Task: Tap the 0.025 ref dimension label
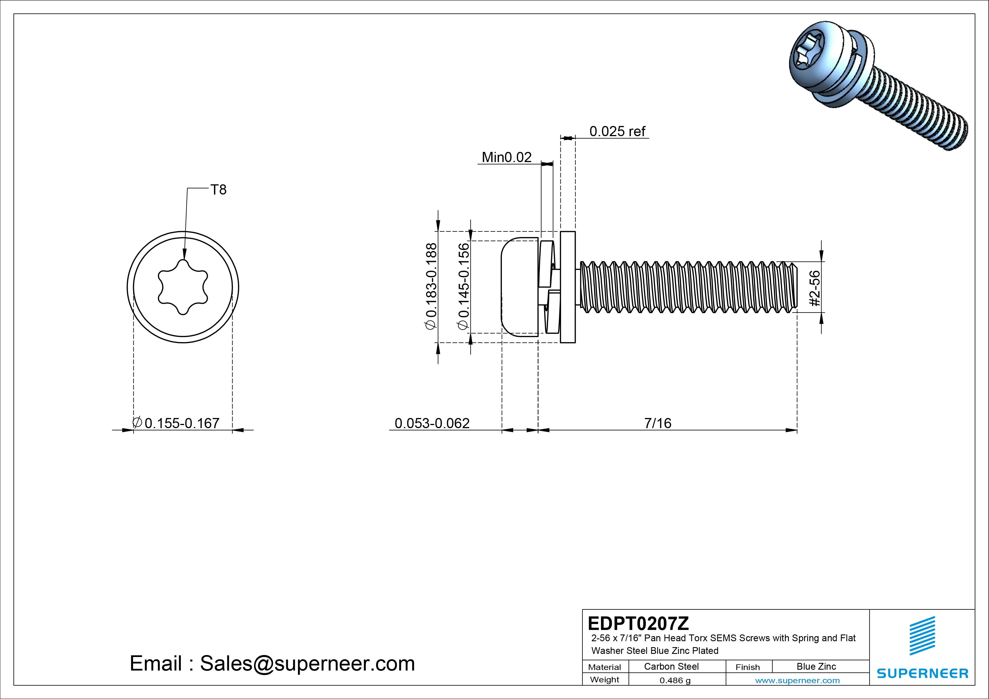617,131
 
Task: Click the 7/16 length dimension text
657,423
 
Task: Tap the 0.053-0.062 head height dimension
432,423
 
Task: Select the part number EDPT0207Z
638,623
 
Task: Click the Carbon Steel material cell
671,667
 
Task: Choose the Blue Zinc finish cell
816,667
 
